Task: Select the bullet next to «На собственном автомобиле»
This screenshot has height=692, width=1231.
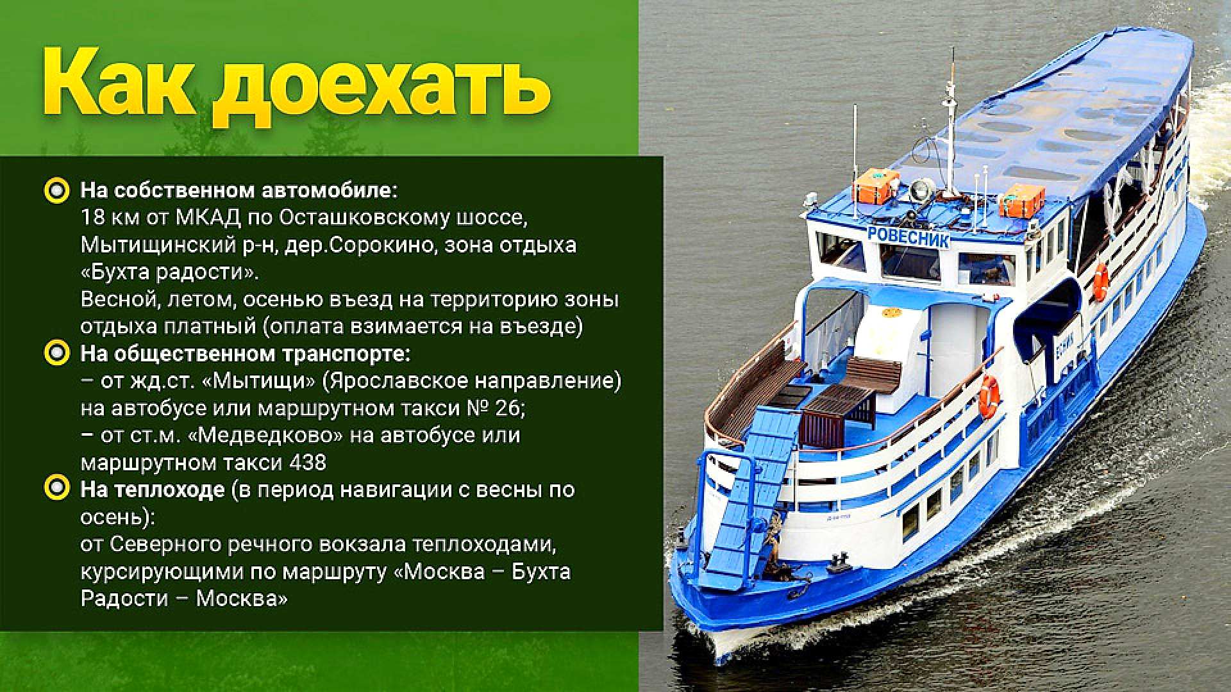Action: [57, 190]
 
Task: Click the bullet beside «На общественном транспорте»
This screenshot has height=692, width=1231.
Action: [57, 353]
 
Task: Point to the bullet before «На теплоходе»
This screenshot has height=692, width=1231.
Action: [57, 489]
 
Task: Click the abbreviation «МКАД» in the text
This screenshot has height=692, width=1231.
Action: [208, 218]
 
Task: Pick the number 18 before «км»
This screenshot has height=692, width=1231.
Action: [92, 218]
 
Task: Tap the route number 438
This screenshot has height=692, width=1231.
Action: [308, 462]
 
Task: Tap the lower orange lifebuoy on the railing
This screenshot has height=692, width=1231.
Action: [989, 395]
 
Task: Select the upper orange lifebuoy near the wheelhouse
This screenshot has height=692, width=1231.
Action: [1101, 281]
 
